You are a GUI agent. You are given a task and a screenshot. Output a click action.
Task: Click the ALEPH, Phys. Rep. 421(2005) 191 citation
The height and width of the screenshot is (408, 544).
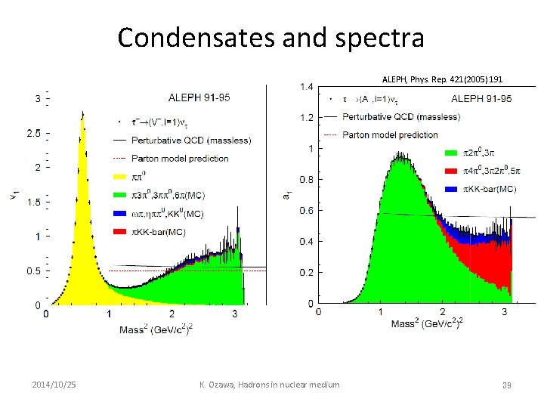[443, 79]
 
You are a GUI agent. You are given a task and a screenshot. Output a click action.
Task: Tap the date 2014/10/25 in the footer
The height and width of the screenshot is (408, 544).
[54, 385]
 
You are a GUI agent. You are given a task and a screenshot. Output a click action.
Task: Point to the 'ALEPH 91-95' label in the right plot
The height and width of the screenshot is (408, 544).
[481, 98]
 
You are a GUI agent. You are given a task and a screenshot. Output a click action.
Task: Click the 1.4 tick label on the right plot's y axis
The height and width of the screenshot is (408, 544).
[306, 88]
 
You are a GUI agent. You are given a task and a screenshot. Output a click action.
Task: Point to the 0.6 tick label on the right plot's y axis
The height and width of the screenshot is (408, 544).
[306, 211]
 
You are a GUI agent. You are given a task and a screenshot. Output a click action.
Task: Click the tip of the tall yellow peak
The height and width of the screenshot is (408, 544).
[82, 113]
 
